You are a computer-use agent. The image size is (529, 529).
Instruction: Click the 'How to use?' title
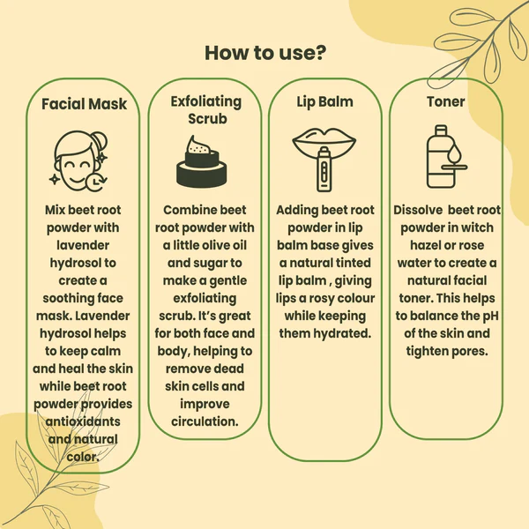265,53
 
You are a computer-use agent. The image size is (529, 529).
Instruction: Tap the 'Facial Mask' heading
84,104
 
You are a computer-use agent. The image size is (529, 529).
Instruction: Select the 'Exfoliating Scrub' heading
205,110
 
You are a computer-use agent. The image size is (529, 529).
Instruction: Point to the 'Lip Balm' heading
324,102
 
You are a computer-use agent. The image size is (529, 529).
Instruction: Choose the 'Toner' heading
445,101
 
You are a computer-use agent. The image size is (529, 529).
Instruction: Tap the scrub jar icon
202,161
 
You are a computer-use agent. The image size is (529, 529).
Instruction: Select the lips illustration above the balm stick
324,140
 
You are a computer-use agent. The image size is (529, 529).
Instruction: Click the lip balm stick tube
324,169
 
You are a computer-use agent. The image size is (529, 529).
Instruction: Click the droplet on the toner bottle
455,153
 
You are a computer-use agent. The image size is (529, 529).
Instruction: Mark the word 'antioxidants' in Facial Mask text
83,421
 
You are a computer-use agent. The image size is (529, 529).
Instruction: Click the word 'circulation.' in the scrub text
205,421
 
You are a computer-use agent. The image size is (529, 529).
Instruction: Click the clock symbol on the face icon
96,182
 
